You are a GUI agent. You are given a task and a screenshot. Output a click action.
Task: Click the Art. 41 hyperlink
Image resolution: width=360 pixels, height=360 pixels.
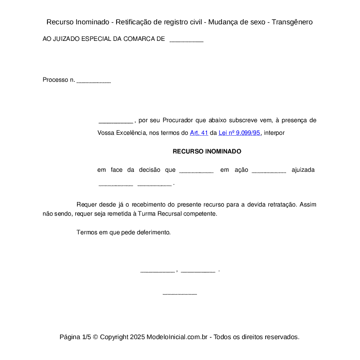pos(199,133)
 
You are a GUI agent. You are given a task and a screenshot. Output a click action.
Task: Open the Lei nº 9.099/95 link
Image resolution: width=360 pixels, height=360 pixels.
pos(239,133)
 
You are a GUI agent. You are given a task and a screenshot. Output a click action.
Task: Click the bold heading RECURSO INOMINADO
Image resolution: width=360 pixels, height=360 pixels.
pos(207,152)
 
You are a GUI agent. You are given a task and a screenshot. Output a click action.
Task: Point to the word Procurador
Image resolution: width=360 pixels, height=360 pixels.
pos(178,120)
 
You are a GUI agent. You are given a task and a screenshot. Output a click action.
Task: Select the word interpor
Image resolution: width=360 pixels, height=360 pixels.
pos(274,133)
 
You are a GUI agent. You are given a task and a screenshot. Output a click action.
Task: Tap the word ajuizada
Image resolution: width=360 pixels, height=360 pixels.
pos(303,170)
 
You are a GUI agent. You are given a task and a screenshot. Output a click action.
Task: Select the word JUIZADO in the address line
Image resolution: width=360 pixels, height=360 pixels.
pos(66,39)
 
